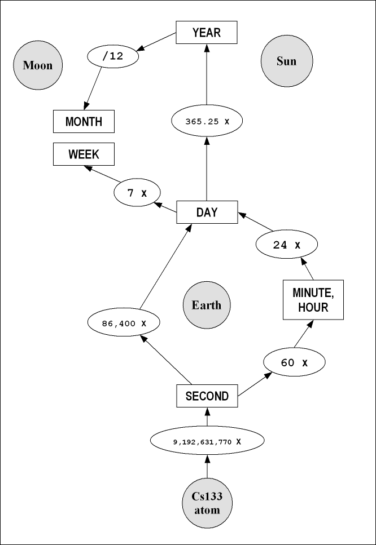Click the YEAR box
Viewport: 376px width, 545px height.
click(x=206, y=32)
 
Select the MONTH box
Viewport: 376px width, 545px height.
click(x=84, y=121)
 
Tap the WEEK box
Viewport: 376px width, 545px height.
click(x=84, y=154)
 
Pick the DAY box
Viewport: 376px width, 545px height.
click(x=207, y=212)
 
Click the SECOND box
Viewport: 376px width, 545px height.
click(x=207, y=396)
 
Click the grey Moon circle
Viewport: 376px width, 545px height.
click(x=37, y=65)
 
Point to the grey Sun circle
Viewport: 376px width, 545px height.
click(x=286, y=61)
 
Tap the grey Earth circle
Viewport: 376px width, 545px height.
click(x=207, y=305)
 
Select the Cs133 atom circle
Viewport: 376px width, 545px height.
click(x=207, y=503)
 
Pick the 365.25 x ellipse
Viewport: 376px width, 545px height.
click(x=206, y=121)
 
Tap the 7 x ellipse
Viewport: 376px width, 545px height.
click(x=137, y=193)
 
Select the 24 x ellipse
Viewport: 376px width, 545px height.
click(x=287, y=245)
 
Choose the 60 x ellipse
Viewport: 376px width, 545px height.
click(x=294, y=362)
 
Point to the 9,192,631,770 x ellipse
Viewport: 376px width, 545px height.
click(x=207, y=441)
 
